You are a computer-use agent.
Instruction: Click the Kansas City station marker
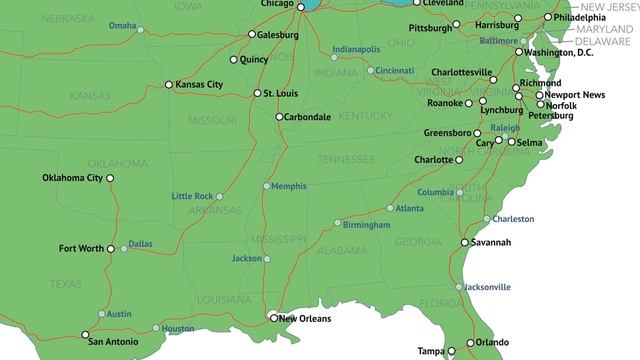[169, 85]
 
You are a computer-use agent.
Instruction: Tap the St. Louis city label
[281, 93]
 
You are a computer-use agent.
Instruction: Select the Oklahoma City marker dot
[110, 178]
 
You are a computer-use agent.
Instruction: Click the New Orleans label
[304, 319]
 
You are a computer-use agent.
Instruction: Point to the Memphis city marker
[267, 186]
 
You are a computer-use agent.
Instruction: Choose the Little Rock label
[192, 196]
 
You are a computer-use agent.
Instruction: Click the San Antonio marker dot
[85, 334]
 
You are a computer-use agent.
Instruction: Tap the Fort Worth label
[81, 248]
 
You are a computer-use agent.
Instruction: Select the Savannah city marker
[465, 242]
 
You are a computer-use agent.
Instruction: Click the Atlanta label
[409, 208]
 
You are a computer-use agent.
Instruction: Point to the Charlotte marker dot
[462, 160]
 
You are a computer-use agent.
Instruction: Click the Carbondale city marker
[279, 117]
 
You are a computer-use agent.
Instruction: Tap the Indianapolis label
[356, 49]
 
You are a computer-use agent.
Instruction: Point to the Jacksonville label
[488, 287]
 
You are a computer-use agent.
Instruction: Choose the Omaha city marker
[141, 30]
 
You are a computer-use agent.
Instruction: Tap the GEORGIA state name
[418, 242]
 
